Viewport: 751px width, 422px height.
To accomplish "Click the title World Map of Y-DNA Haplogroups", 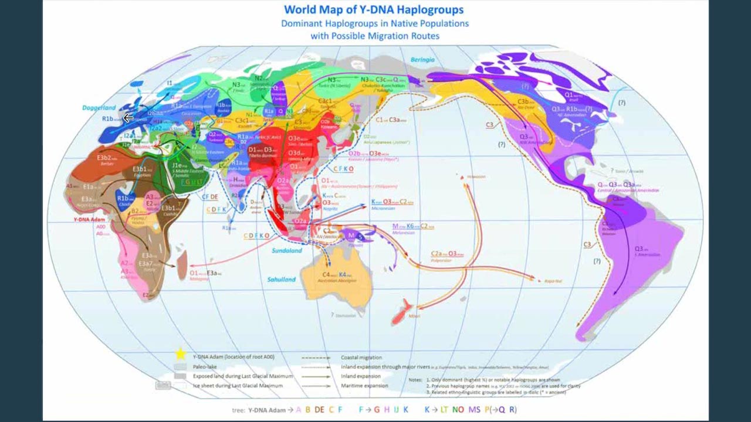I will pyautogui.click(x=374, y=10).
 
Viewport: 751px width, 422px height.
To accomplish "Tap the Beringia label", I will pyautogui.click(x=422, y=60).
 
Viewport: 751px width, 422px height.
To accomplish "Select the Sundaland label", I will pyautogui.click(x=287, y=250).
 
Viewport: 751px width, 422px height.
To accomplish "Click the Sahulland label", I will pyautogui.click(x=282, y=280).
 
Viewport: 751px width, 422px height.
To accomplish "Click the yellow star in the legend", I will pyautogui.click(x=180, y=354).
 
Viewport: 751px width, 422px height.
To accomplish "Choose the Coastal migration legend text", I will pyautogui.click(x=361, y=357).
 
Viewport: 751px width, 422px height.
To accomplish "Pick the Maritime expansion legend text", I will pyautogui.click(x=364, y=386).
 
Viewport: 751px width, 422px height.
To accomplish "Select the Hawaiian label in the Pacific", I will pyautogui.click(x=476, y=176).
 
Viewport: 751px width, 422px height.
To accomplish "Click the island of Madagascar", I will pyautogui.click(x=181, y=260).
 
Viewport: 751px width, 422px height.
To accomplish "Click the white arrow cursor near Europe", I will pyautogui.click(x=128, y=117).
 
